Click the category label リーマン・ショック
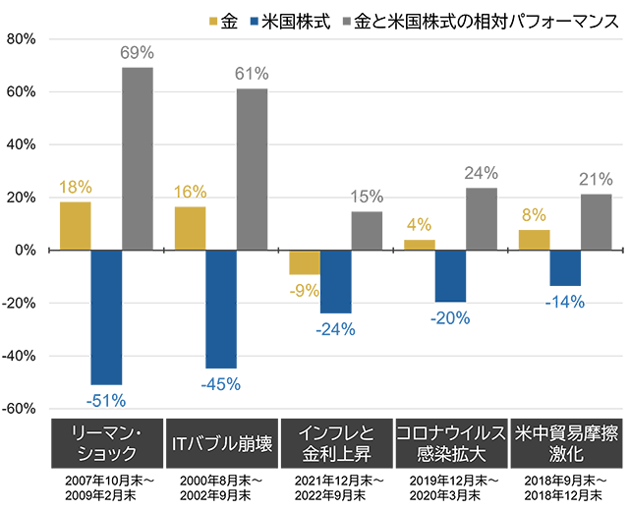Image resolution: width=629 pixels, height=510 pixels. [x=106, y=443]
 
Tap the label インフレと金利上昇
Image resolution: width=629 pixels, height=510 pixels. [x=336, y=443]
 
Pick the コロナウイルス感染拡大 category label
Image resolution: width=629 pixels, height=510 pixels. [x=451, y=443]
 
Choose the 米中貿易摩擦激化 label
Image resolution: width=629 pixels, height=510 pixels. [x=566, y=443]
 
